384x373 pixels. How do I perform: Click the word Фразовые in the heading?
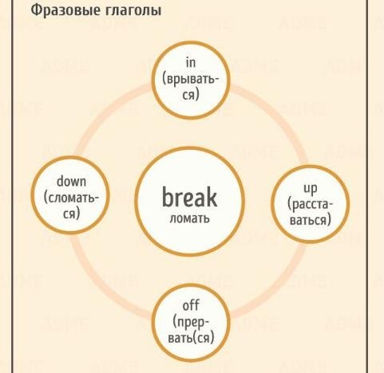coord(63,10)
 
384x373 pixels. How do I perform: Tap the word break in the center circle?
coord(189,197)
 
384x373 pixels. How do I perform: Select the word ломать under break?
coord(189,218)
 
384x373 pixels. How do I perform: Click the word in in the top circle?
coord(191,63)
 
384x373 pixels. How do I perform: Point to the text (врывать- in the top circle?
coord(191,79)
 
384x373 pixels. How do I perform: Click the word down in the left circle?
coord(71,182)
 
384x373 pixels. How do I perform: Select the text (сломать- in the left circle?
coord(71,198)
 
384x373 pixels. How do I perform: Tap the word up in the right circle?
coord(311,189)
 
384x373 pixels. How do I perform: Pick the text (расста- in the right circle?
coord(311,205)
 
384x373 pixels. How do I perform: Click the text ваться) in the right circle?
coord(311,220)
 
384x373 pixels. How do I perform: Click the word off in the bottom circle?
coord(191,305)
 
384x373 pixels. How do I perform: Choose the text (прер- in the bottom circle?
coord(191,322)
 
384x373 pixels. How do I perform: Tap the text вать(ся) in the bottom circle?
coord(191,338)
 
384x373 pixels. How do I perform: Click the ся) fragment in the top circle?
coord(191,95)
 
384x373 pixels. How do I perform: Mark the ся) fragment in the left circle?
coord(72,214)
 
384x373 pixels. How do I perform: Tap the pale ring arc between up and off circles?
coord(277,285)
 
